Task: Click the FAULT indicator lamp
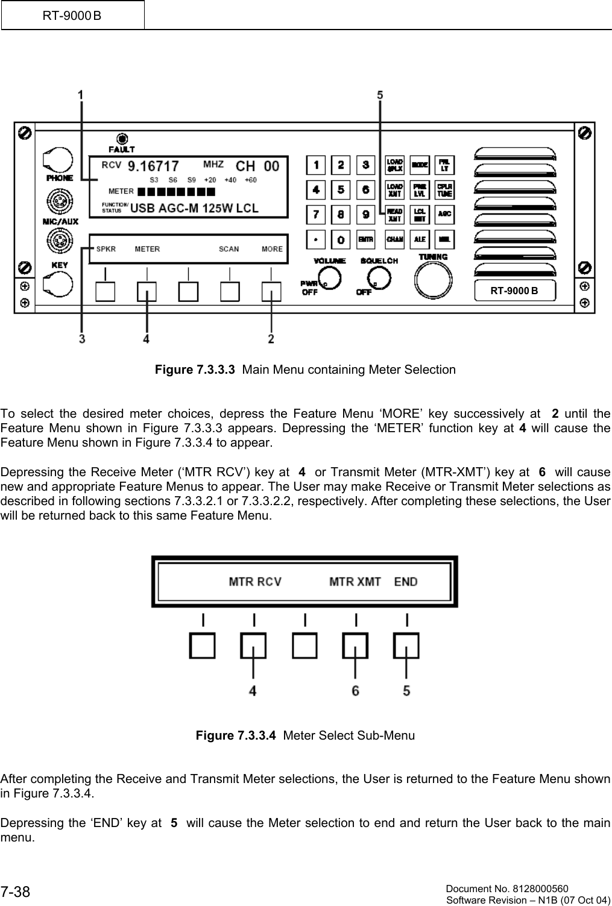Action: click(122, 137)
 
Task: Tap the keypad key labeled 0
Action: click(341, 239)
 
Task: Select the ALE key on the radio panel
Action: click(420, 239)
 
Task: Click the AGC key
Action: click(444, 214)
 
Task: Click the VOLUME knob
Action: click(329, 278)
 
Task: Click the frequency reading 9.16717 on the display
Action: click(155, 166)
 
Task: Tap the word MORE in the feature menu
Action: click(272, 249)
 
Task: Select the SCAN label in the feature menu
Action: click(229, 249)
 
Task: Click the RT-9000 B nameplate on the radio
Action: click(514, 291)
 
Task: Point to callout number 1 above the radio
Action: click(81, 95)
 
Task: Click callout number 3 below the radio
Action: click(81, 339)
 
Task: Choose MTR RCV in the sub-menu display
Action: click(255, 582)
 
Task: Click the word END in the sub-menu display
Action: click(406, 582)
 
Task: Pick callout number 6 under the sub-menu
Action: click(356, 691)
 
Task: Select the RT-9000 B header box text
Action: click(72, 15)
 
